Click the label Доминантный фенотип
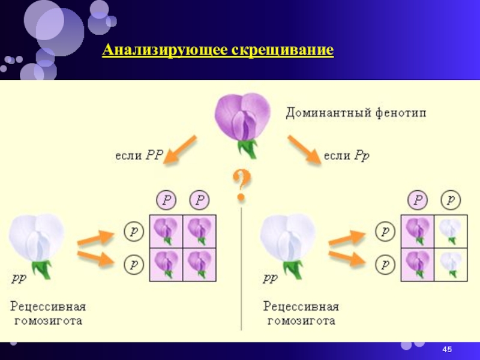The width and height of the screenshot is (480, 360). tap(356, 112)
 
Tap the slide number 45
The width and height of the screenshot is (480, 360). tap(446, 349)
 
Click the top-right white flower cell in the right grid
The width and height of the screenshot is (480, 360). tap(451, 230)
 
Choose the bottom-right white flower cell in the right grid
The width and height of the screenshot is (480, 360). tap(451, 263)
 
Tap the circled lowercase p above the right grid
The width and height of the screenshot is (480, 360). tap(451, 199)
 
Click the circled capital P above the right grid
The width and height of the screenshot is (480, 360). tap(418, 199)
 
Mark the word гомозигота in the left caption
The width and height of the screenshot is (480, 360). tap(48, 321)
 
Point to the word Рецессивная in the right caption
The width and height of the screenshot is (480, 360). tap(301, 306)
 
